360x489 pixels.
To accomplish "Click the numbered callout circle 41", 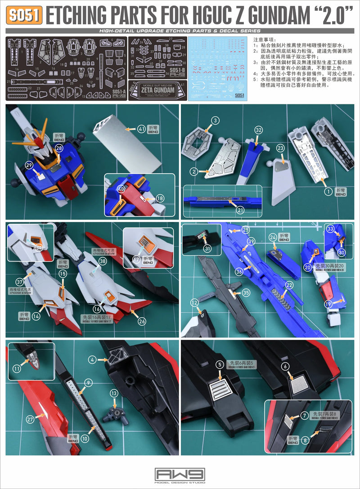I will (142, 129).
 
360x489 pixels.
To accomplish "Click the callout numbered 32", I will (258, 130).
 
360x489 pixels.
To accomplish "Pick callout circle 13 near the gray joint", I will (114, 393).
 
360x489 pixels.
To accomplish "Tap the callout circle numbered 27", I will (30, 418).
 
